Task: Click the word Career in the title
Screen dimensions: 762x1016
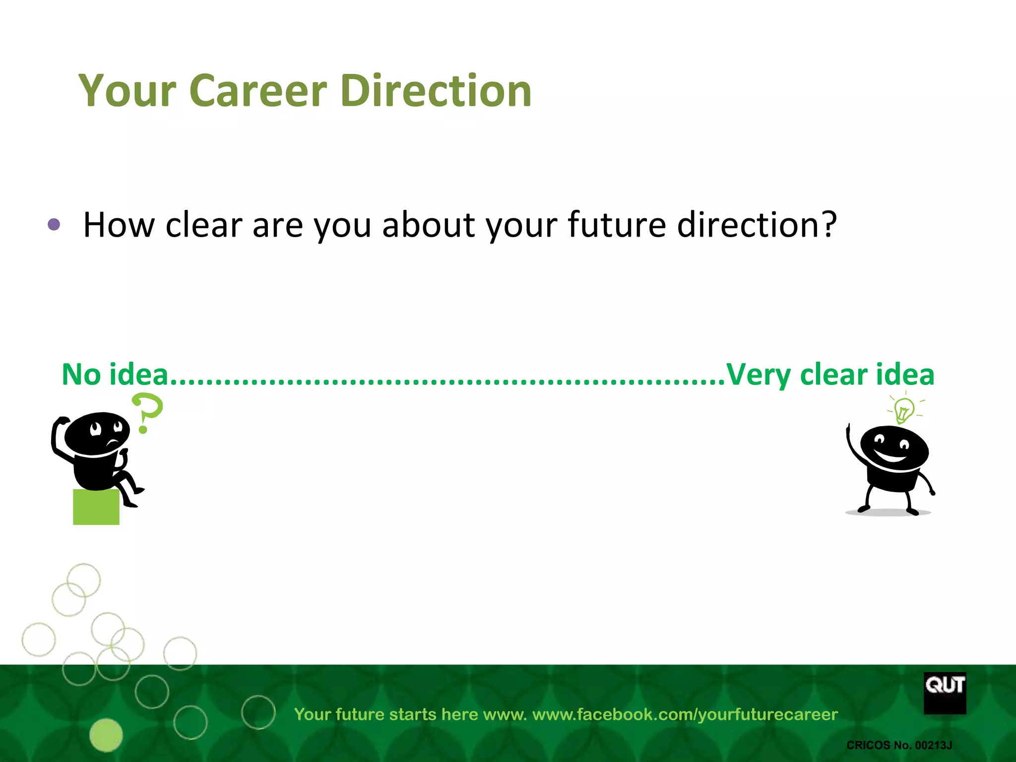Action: pos(258,91)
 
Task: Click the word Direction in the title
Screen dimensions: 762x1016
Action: pos(436,91)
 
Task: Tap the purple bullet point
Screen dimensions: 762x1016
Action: pos(54,225)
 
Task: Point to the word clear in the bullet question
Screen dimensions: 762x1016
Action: pos(203,225)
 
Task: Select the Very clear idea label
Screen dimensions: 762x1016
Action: pos(830,375)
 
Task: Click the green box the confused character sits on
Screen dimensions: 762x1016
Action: pos(96,507)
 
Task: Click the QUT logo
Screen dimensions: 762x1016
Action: pos(945,693)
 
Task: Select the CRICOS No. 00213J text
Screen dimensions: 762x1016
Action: pos(899,745)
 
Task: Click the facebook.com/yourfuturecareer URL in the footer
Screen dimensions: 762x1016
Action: pos(685,714)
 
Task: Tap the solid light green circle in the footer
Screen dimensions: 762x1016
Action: pos(106,735)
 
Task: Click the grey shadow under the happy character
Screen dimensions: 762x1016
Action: pos(888,513)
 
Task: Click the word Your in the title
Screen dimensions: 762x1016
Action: pos(127,91)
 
